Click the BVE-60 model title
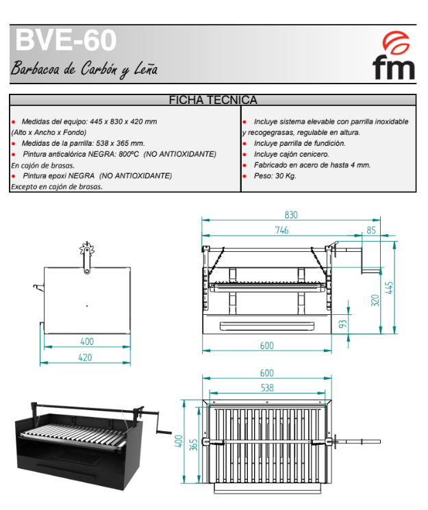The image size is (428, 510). pos(66,40)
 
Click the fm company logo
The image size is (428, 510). pos(394,55)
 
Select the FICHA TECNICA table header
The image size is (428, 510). pos(213,100)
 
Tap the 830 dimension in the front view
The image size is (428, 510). pos(291,215)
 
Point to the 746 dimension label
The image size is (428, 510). pos(282,230)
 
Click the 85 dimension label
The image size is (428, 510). pos(371,230)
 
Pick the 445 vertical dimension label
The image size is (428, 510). pos(389,288)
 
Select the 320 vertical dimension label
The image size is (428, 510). pos(375,301)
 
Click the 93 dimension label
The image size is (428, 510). pos(342,324)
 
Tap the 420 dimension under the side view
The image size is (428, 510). pos(86,357)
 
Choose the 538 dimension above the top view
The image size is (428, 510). pos(267,387)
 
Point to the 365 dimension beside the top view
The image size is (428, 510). pos(194,444)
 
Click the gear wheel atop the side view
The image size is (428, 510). pos(87,249)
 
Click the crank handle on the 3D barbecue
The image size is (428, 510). pos(163,426)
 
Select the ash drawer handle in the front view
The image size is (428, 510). pos(267,326)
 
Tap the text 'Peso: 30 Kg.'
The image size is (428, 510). pos(275,176)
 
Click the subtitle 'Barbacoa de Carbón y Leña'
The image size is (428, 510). pos(84,69)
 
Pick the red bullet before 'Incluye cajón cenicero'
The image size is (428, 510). pos(244,155)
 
